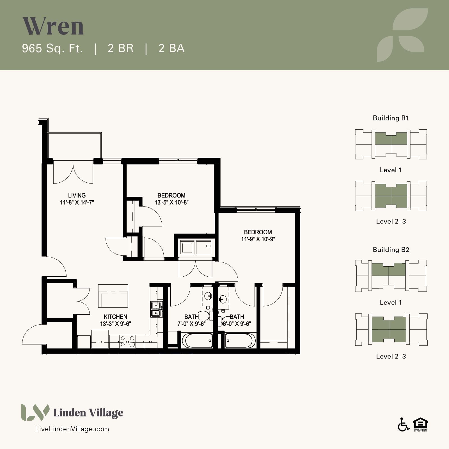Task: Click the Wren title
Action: [x=53, y=26]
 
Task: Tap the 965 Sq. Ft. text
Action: [x=52, y=49]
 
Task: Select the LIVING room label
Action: [x=77, y=195]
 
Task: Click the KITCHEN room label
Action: [x=116, y=317]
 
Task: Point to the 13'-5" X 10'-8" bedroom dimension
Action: [x=171, y=202]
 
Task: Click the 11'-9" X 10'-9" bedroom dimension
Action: [x=258, y=239]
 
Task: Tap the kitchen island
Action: [x=113, y=296]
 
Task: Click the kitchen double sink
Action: [x=156, y=309]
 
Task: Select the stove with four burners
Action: [x=127, y=342]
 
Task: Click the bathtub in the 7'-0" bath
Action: [x=198, y=340]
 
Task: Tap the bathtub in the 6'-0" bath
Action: [x=240, y=340]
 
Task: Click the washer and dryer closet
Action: [x=196, y=247]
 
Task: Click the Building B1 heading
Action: [x=391, y=118]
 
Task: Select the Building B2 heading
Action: [x=391, y=250]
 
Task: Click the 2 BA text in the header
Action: [x=171, y=49]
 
